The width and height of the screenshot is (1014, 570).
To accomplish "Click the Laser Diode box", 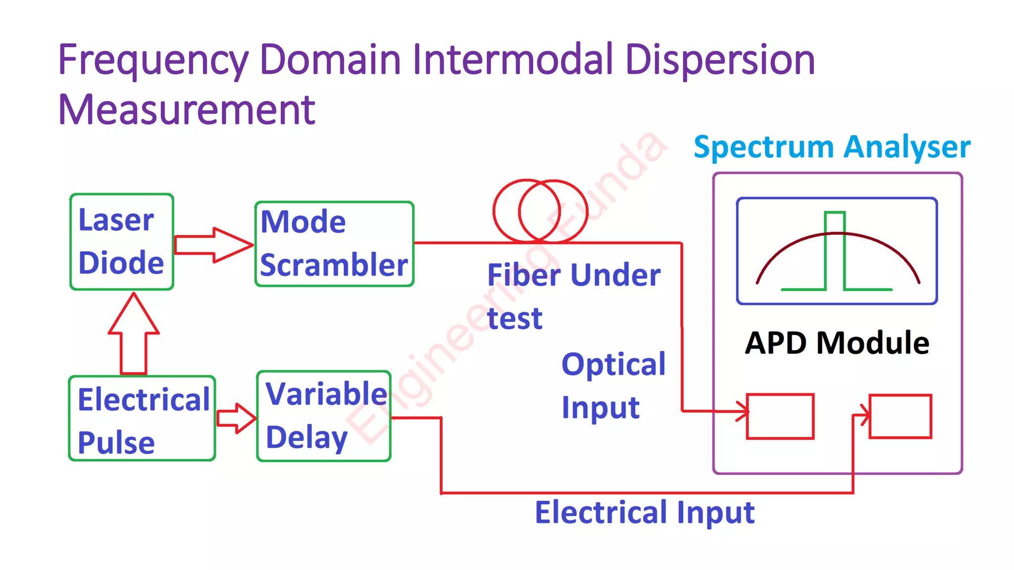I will (121, 241).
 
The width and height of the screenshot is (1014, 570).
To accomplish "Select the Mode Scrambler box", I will (334, 244).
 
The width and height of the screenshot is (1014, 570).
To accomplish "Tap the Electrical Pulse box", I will (142, 419).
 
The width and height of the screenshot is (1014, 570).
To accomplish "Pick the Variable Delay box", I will (324, 416).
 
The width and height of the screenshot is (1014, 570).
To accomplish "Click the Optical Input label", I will (613, 385).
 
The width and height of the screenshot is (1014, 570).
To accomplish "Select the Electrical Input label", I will (644, 512).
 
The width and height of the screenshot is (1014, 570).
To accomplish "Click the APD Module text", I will (837, 343).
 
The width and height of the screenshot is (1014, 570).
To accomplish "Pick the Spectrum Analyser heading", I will (832, 147).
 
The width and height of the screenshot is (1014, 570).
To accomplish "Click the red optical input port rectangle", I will (780, 416).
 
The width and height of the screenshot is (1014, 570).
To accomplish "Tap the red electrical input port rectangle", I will (900, 416).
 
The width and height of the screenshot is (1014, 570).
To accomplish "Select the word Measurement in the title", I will (187, 110).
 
